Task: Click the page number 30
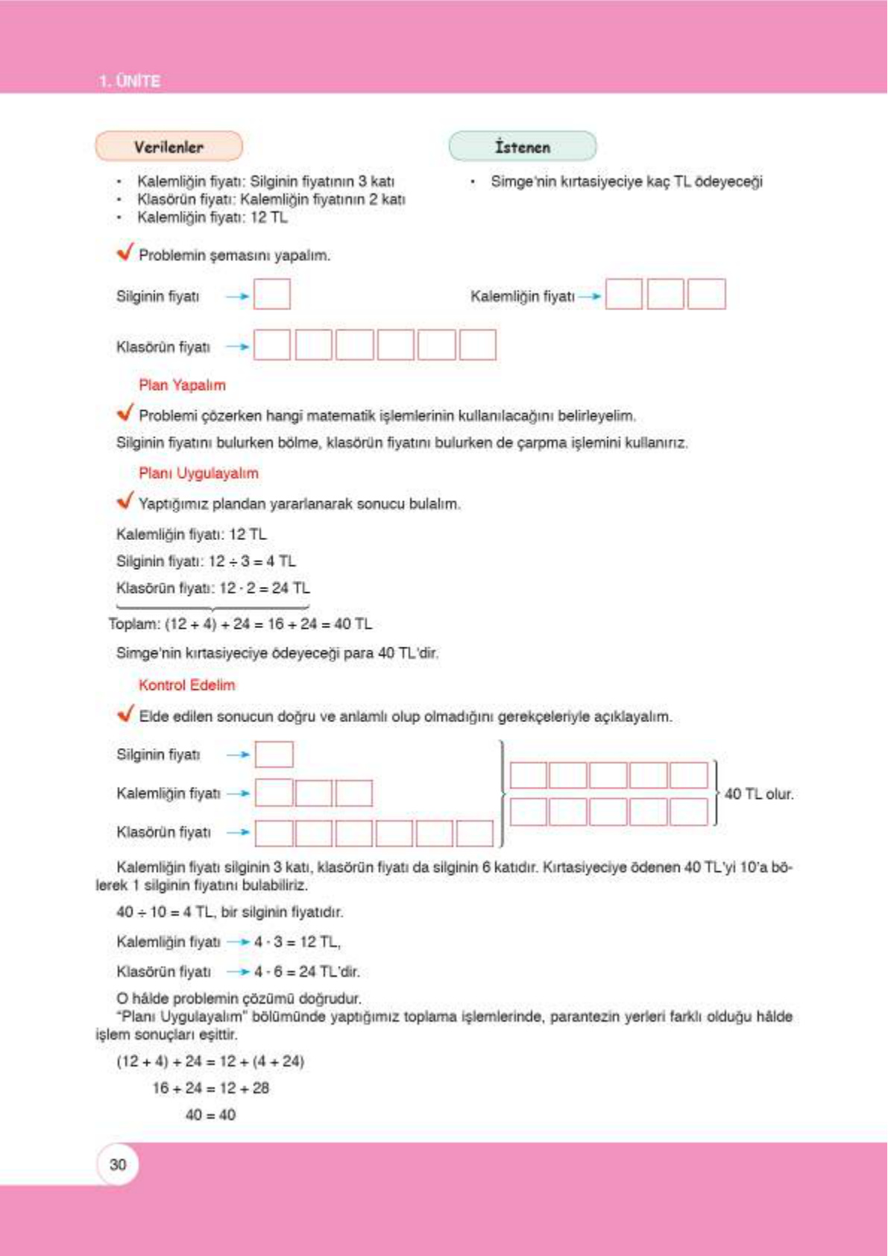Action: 118,1164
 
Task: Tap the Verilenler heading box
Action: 169,147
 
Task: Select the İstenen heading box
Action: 522,147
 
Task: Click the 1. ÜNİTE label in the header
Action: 130,81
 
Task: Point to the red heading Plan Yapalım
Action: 182,386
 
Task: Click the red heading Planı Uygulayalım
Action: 198,474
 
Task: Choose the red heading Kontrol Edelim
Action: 186,685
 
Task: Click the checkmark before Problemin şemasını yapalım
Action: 125,252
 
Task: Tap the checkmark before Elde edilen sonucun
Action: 125,714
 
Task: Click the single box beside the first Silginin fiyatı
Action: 272,294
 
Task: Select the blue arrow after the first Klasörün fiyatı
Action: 238,347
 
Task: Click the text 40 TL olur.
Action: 758,794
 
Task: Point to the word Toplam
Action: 133,624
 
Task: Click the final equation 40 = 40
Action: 210,1115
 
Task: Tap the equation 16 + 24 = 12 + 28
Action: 210,1088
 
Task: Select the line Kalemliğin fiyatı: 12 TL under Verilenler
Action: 212,218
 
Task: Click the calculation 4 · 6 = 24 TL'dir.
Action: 306,972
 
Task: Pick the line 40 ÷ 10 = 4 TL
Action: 230,912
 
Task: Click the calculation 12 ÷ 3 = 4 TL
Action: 252,562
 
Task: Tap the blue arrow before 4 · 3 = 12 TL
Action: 238,942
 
